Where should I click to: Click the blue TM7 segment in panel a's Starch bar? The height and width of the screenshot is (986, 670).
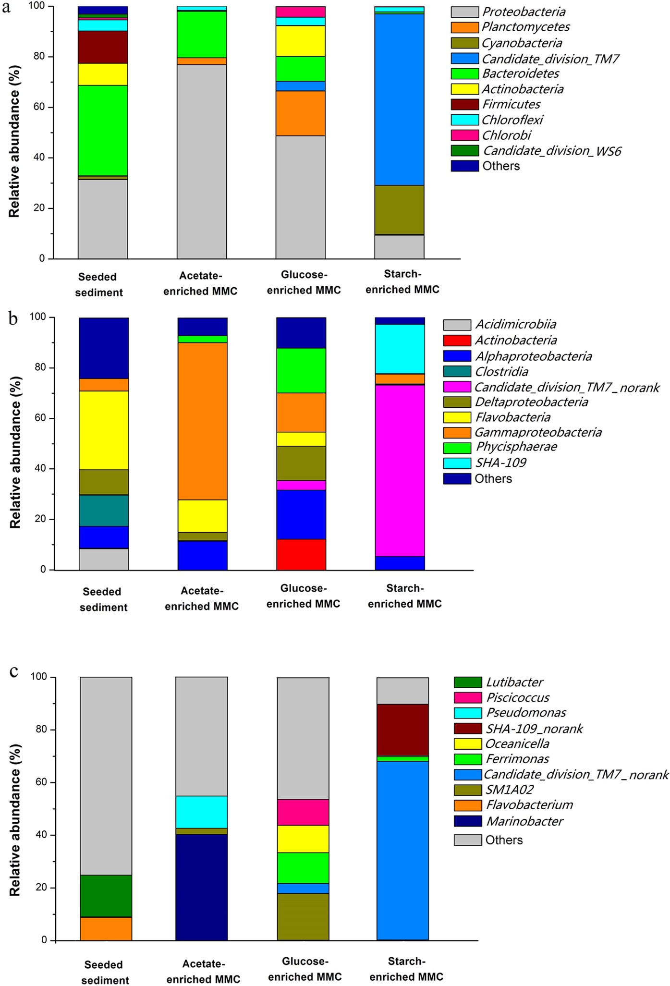(x=399, y=99)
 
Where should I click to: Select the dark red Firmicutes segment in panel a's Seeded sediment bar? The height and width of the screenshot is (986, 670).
(x=103, y=47)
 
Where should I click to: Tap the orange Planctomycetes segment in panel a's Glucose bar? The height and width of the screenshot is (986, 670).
(x=300, y=113)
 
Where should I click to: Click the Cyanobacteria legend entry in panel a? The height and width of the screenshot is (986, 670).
(x=521, y=43)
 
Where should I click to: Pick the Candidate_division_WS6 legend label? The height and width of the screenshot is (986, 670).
(x=551, y=151)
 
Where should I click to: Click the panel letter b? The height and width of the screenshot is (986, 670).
(x=13, y=318)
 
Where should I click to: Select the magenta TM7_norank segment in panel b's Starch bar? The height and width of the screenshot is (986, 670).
(x=400, y=470)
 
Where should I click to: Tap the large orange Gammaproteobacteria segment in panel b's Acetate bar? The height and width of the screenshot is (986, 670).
(x=202, y=421)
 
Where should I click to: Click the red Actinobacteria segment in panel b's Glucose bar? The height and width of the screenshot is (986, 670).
(x=301, y=555)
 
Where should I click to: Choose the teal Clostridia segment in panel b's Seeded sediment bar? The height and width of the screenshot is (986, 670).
(x=103, y=511)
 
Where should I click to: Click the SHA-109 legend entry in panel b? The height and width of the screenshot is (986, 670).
(x=500, y=463)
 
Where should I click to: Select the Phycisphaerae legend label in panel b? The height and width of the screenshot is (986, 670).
(x=516, y=447)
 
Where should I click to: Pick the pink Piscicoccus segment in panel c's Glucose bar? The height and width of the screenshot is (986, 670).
(x=303, y=812)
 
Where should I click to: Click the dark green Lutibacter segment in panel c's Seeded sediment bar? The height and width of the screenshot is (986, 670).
(x=106, y=896)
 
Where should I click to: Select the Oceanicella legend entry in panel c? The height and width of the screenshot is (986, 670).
(x=517, y=744)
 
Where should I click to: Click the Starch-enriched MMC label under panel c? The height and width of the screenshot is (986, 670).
(x=406, y=969)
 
